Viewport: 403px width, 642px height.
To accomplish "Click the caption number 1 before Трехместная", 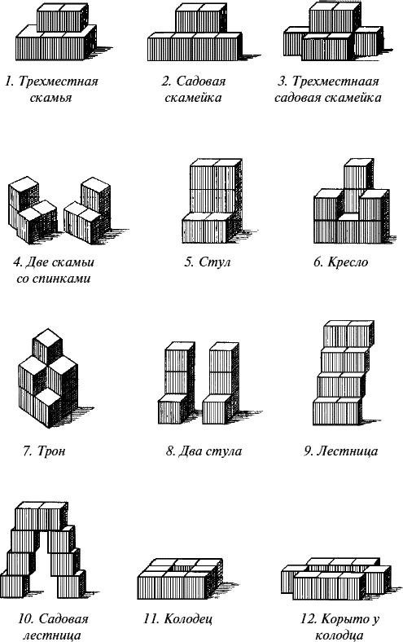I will pos(7,81).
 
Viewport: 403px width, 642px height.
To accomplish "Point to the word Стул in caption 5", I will pos(219,262).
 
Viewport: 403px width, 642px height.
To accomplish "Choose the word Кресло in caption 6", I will pos(350,262).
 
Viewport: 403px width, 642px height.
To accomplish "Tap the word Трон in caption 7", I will pos(56,451).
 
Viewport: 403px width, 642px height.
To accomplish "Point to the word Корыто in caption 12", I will pos(330,619).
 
